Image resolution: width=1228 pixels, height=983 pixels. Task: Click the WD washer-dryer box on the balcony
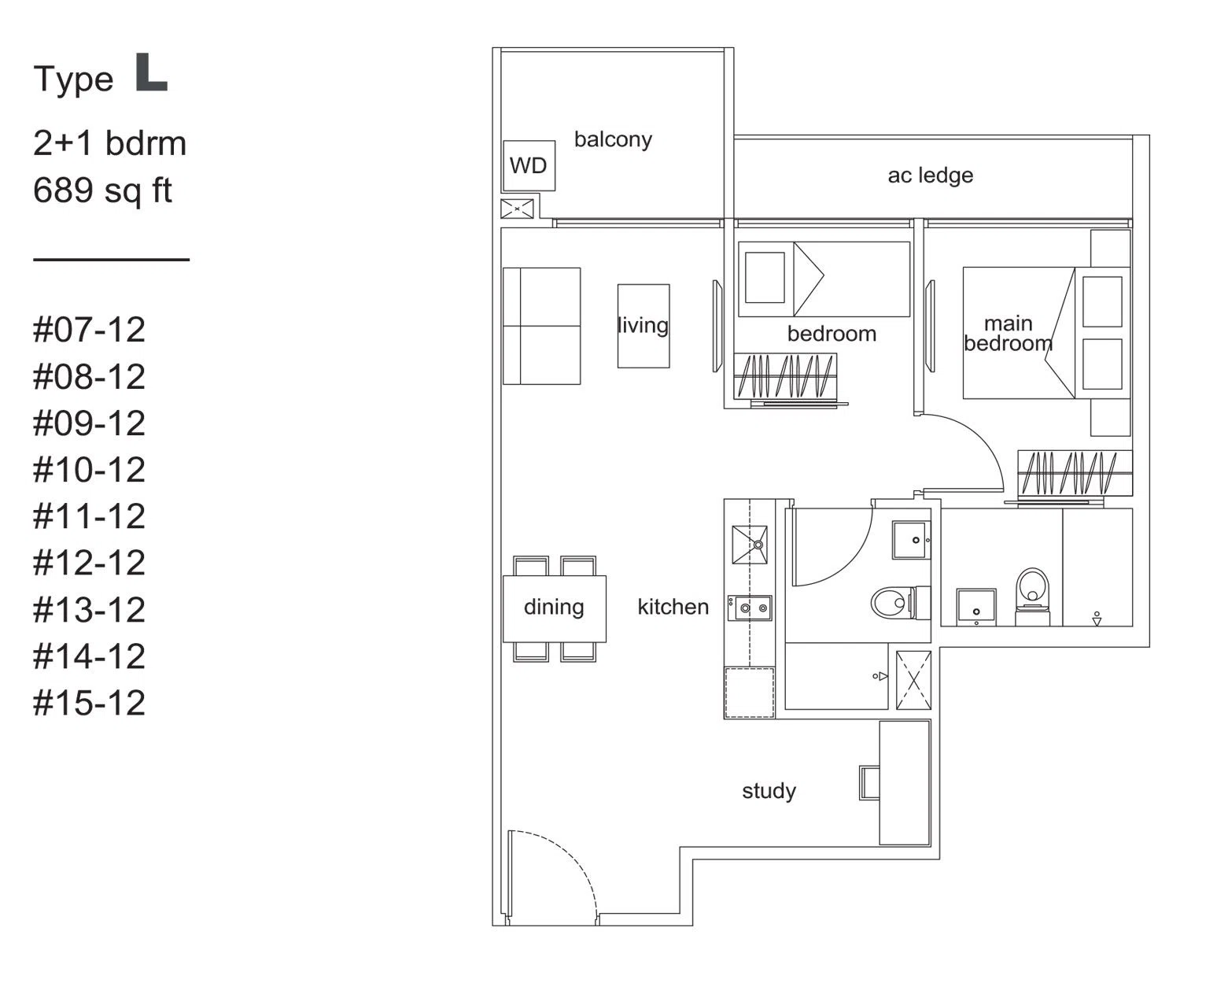(x=529, y=165)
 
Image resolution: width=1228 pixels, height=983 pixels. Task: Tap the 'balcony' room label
(x=613, y=140)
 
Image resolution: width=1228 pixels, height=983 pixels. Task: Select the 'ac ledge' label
(x=930, y=176)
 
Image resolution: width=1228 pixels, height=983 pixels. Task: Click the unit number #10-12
(x=90, y=470)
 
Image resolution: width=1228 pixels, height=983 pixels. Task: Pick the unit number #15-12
(x=90, y=703)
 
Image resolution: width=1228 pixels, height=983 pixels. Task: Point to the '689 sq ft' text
(x=103, y=190)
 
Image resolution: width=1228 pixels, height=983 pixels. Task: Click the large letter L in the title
(x=151, y=72)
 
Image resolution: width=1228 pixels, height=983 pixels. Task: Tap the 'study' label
(x=769, y=791)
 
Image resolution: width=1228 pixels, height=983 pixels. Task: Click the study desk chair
(x=869, y=783)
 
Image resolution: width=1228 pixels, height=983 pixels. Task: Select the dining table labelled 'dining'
(x=554, y=609)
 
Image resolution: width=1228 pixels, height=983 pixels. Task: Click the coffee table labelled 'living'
(x=643, y=326)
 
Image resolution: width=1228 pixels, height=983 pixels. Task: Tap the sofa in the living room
(x=541, y=326)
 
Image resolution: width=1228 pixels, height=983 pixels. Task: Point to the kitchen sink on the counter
(x=749, y=545)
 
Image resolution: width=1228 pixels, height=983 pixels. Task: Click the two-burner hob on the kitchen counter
(x=750, y=608)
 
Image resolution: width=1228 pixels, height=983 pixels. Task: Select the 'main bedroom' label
(x=1009, y=334)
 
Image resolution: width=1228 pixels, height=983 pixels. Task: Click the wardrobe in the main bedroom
(x=1075, y=473)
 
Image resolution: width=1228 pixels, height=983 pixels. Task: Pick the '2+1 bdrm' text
(x=109, y=143)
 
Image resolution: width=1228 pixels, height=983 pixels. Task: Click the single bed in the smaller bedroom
(x=824, y=279)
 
